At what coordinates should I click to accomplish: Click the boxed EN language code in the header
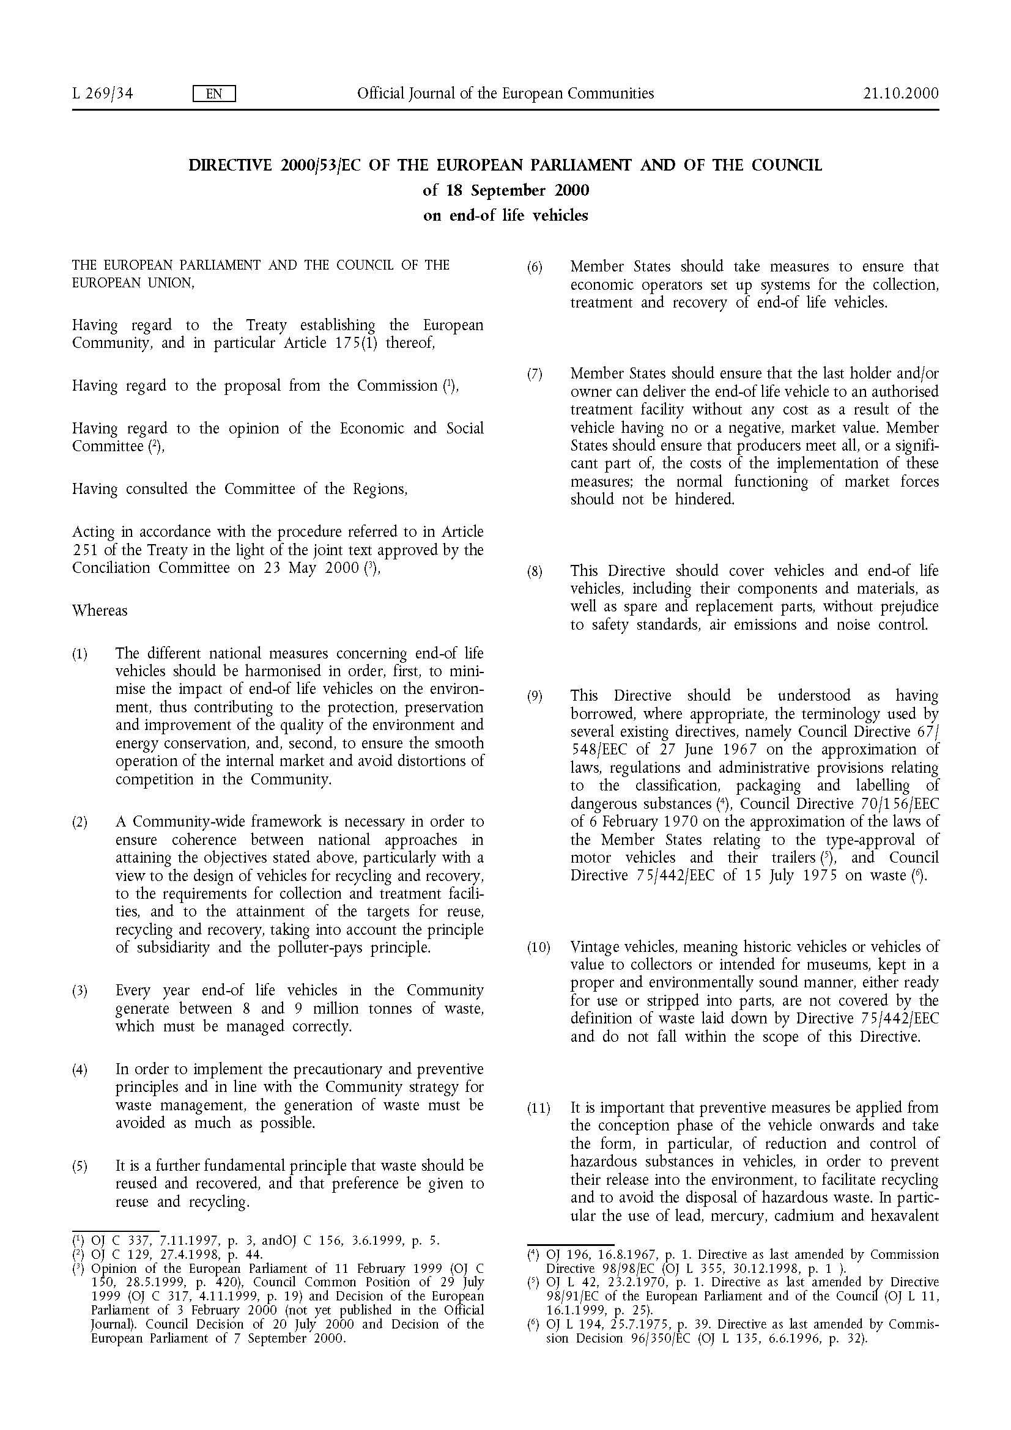coord(213,94)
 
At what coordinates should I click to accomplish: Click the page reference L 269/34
coord(102,94)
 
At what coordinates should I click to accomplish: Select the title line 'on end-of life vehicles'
coord(505,215)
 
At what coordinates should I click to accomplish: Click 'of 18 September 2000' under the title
coord(505,190)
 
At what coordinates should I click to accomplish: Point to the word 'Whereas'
coord(100,610)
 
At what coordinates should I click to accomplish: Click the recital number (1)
coord(80,655)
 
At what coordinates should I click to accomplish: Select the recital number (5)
coord(80,1166)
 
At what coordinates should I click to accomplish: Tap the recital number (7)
coord(535,375)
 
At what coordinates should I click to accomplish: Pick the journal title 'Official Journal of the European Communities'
coord(505,94)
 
